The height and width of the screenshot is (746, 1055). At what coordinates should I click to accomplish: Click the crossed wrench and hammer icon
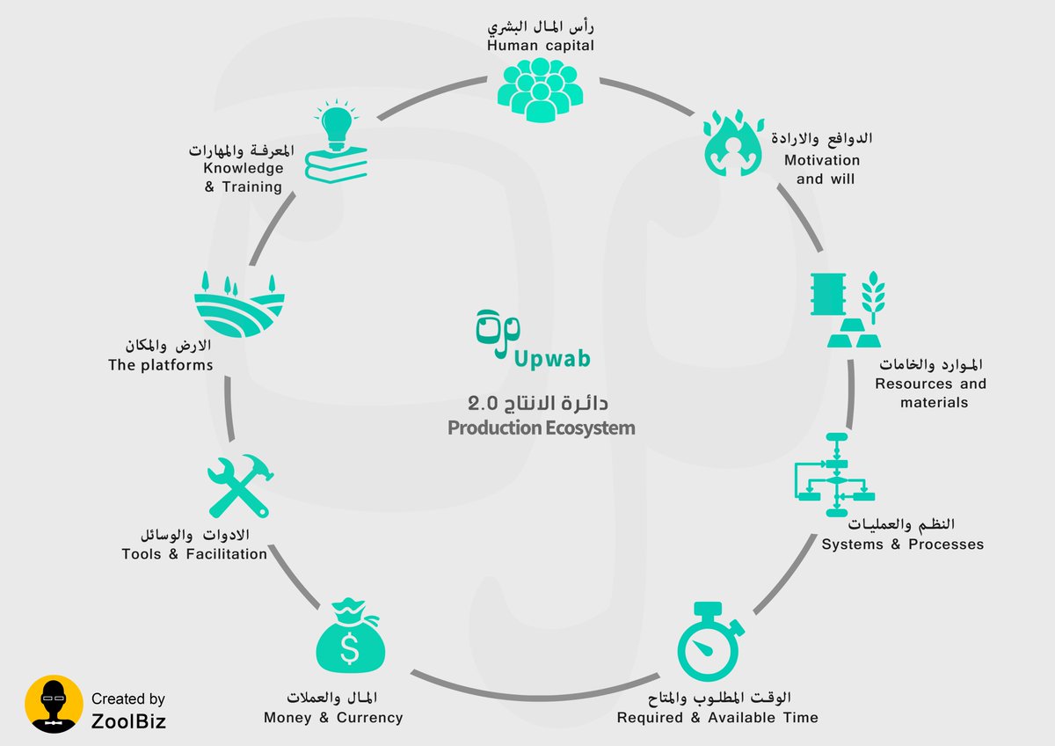tap(239, 486)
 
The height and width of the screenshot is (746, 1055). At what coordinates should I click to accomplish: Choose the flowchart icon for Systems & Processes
tap(834, 473)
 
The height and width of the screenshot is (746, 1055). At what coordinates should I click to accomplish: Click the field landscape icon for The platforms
tap(240, 304)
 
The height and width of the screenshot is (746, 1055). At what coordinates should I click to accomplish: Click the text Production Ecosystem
tap(541, 428)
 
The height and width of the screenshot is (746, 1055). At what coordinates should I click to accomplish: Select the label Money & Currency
tap(333, 718)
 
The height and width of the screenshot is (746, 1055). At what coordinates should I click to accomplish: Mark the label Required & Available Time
tap(717, 718)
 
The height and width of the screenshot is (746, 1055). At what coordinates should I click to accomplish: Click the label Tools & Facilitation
tap(194, 554)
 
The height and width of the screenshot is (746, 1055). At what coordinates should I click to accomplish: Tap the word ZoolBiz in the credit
tap(128, 721)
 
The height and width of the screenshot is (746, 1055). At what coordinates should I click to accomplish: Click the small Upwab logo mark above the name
tap(498, 333)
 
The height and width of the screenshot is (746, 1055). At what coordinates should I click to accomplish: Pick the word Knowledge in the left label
tap(244, 168)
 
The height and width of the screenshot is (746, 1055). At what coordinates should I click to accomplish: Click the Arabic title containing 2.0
tap(538, 404)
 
